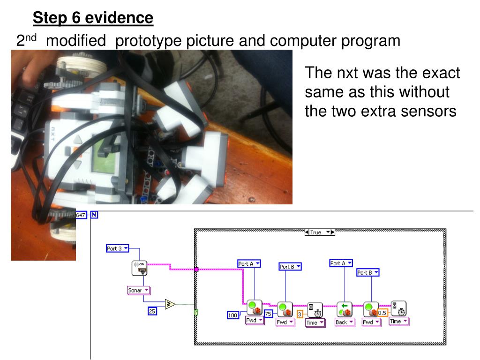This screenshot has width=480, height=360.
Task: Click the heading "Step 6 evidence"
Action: pos(93,18)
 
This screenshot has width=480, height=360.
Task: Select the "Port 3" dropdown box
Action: pos(117,248)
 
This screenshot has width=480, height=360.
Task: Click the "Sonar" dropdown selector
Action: pos(138,290)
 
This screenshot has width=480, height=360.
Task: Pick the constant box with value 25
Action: pos(152,310)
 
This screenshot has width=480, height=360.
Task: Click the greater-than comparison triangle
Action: pos(170,304)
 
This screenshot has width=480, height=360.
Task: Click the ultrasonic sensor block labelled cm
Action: pos(139,268)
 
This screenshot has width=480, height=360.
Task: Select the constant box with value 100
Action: pos(233,315)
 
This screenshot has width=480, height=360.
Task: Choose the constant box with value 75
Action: pos(269,314)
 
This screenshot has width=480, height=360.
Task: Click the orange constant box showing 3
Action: pos(300,314)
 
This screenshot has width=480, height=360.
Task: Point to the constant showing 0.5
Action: pos(382,313)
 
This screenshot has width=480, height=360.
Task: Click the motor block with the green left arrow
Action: pos(345,309)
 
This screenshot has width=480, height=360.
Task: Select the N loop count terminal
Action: pos(95,215)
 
